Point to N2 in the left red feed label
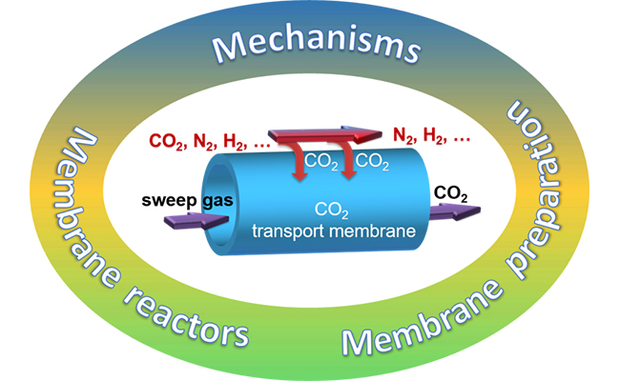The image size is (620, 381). pos(201,144)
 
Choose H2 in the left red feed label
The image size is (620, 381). pos(234,144)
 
